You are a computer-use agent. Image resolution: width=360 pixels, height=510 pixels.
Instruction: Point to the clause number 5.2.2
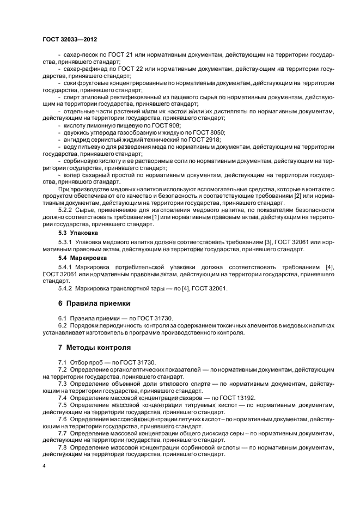(66, 210)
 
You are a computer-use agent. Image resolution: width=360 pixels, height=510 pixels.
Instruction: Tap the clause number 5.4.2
(66, 288)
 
